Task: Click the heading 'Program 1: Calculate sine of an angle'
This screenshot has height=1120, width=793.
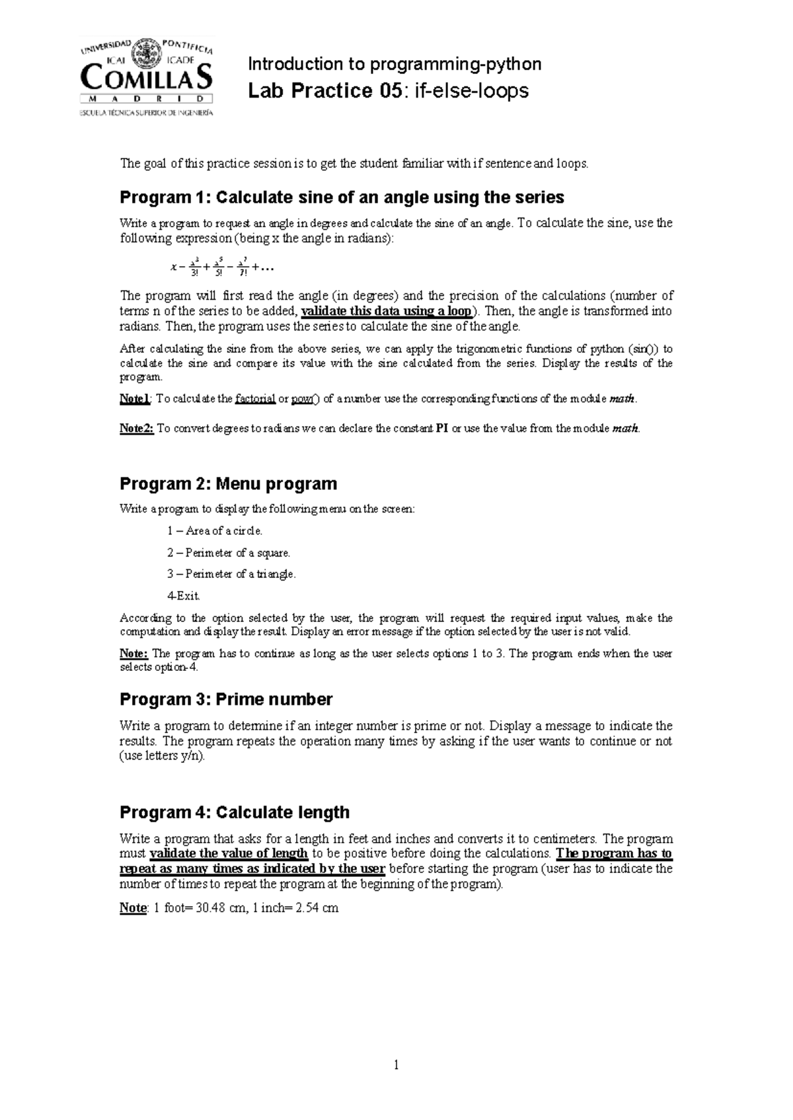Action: pyautogui.click(x=342, y=197)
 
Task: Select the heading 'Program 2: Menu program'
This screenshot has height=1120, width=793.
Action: pyautogui.click(x=228, y=483)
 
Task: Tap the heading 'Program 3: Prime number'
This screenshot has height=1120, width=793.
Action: pyautogui.click(x=225, y=699)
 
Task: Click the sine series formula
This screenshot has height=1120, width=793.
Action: pyautogui.click(x=222, y=268)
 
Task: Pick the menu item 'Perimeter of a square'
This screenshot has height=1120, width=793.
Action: pyautogui.click(x=229, y=553)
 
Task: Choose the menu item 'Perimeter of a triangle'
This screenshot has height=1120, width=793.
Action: pyautogui.click(x=231, y=575)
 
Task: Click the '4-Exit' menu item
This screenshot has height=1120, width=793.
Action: pyautogui.click(x=183, y=596)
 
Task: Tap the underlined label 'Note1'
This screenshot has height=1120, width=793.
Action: pyautogui.click(x=135, y=399)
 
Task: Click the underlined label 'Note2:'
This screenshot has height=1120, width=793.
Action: pyautogui.click(x=136, y=428)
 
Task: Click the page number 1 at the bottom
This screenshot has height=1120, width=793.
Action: pyautogui.click(x=396, y=1065)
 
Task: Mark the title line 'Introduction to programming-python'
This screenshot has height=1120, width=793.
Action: pyautogui.click(x=395, y=64)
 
